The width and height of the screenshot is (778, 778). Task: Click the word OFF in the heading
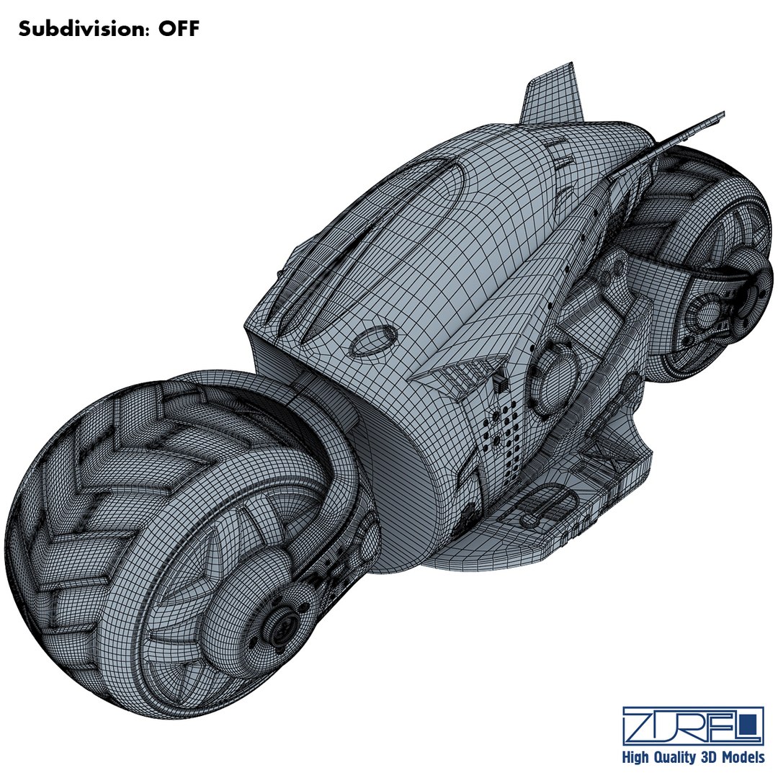(174, 30)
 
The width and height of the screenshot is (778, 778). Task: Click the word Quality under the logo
(674, 757)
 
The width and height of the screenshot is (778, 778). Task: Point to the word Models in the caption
(743, 757)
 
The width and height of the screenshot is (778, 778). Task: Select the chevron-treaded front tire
(108, 504)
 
